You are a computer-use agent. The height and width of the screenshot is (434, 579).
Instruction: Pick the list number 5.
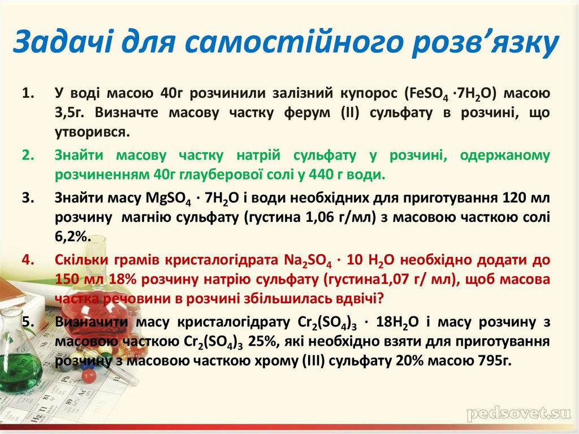pos(28,322)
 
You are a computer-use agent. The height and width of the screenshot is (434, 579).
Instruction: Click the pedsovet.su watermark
pos(518,414)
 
